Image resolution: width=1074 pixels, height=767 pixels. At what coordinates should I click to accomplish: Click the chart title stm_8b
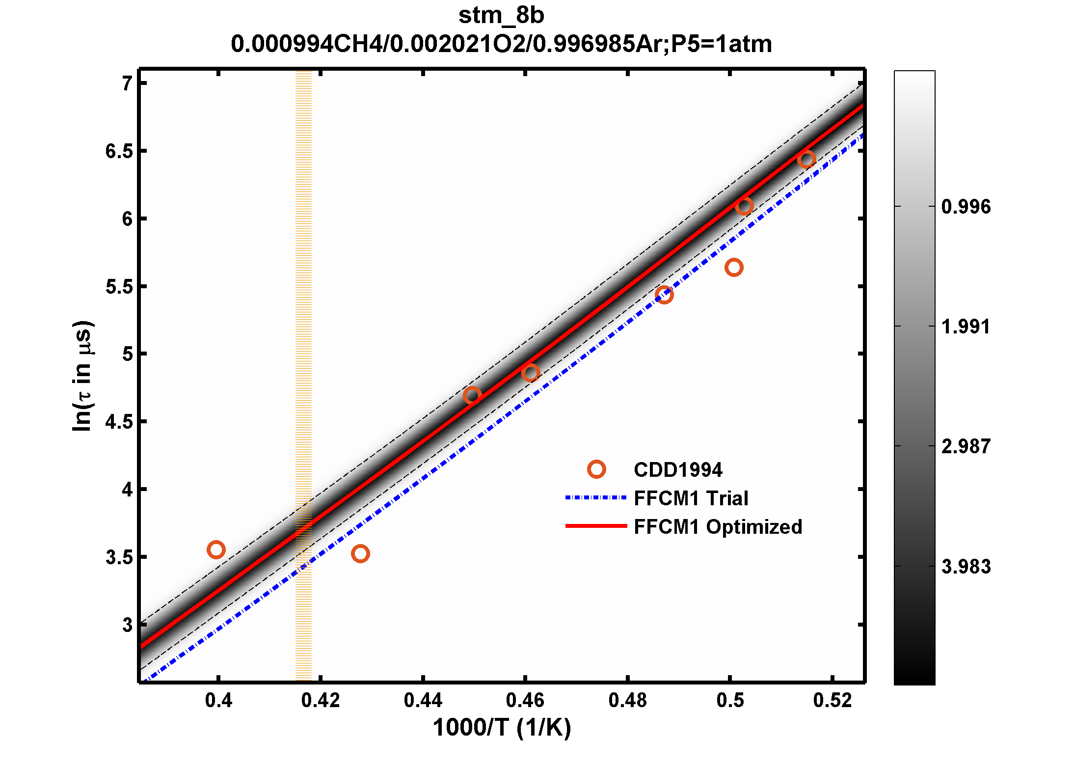(x=501, y=16)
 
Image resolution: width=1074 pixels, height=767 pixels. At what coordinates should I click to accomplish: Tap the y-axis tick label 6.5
(x=119, y=151)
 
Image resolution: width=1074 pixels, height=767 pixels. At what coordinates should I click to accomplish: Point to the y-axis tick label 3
(x=128, y=625)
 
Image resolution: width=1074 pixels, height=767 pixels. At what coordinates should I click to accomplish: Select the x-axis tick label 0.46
(x=525, y=700)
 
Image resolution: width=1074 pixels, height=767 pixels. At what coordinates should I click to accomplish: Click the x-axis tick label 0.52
(x=832, y=700)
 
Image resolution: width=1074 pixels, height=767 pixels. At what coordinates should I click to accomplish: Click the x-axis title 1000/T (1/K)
(x=502, y=727)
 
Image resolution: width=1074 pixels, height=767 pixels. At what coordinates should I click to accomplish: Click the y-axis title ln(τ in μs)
(x=82, y=376)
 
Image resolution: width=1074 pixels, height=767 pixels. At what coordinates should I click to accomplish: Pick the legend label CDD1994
(x=678, y=470)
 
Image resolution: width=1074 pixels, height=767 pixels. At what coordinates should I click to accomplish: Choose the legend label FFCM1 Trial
(x=691, y=498)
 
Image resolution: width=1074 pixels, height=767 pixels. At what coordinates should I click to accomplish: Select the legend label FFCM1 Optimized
(x=718, y=527)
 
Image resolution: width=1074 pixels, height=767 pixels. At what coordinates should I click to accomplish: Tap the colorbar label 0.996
(x=966, y=207)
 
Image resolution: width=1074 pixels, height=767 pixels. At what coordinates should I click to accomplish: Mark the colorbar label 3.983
(x=966, y=567)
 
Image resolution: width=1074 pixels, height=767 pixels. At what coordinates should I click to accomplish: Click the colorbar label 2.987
(x=966, y=446)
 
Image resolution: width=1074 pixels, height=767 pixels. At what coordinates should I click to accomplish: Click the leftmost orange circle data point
(x=216, y=549)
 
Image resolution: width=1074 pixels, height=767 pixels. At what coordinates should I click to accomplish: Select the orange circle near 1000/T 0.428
(x=360, y=554)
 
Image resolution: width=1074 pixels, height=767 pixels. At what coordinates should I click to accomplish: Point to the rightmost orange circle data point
(x=806, y=159)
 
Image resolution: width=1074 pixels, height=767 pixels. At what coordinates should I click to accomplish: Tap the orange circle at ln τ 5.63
(x=734, y=268)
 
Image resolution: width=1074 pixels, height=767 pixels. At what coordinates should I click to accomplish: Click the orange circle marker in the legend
(x=596, y=469)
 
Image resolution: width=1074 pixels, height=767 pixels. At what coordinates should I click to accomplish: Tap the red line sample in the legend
(x=596, y=526)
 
